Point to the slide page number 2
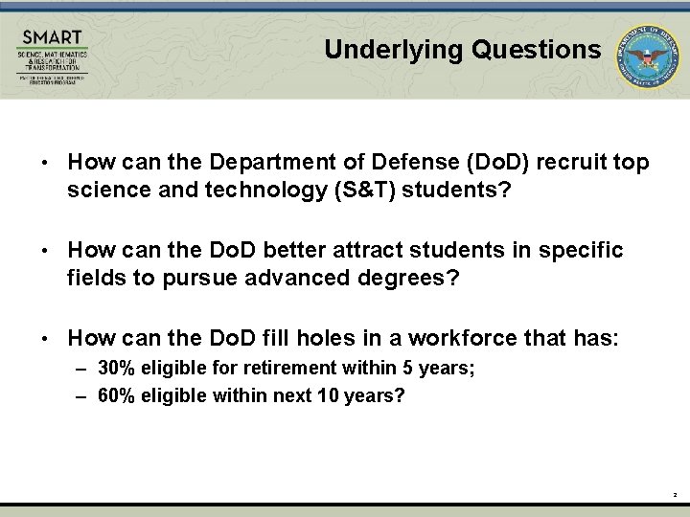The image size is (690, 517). pos(675,495)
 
